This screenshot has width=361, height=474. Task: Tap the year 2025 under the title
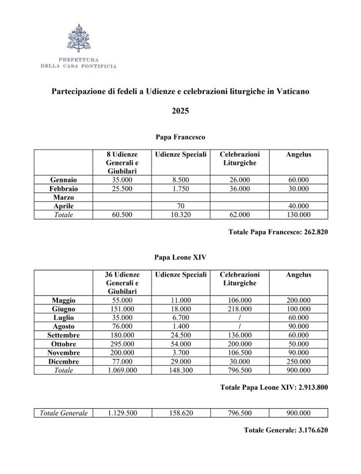point(180,112)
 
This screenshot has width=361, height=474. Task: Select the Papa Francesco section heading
point(180,137)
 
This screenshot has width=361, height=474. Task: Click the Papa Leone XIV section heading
point(180,259)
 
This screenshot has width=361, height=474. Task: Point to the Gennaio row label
point(63,180)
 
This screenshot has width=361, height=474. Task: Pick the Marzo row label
point(63,197)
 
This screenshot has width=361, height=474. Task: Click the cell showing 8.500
point(180,180)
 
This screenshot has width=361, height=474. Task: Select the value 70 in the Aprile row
point(180,206)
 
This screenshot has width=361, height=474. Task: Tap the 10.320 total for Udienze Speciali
point(180,215)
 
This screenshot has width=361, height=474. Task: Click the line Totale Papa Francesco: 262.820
point(278,232)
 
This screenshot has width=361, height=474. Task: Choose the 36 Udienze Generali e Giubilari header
point(122,282)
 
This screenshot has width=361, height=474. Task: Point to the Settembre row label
point(63,335)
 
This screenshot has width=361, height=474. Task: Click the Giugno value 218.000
point(239,309)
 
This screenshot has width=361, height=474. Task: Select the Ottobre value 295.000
point(122,344)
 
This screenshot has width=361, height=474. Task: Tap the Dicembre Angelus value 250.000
point(298,362)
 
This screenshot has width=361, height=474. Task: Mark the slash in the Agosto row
point(239,327)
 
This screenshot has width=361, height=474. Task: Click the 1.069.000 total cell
point(122,371)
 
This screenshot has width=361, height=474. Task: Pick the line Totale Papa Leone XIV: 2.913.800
point(274,388)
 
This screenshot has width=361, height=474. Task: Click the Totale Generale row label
point(63,413)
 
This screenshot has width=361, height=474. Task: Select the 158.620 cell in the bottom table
point(180,413)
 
